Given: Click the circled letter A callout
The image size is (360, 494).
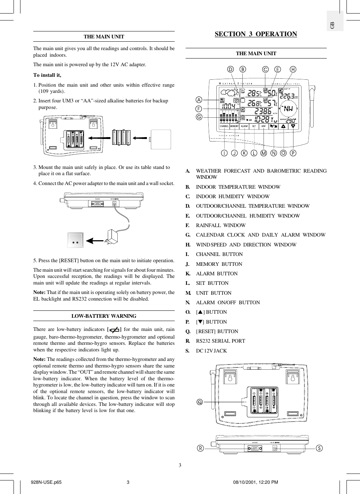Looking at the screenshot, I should [199, 99].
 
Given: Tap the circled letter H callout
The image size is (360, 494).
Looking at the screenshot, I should [293, 69].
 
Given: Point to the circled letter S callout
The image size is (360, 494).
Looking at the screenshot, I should [319, 448].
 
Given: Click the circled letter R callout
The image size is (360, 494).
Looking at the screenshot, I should [200, 448].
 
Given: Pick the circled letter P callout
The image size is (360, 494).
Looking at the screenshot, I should [293, 153].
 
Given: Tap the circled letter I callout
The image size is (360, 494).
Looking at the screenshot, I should [224, 153].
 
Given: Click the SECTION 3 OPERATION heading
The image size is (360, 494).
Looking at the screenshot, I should [256, 34].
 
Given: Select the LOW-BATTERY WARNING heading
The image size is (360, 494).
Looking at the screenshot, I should [104, 316].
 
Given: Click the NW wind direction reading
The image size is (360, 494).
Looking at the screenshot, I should [288, 109].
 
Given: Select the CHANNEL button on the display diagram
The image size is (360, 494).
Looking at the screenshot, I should [224, 126].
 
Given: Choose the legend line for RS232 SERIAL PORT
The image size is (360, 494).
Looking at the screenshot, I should [220, 341].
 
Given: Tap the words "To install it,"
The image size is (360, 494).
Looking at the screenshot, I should [48, 75].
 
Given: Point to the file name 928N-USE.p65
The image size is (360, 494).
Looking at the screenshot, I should [46, 482].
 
